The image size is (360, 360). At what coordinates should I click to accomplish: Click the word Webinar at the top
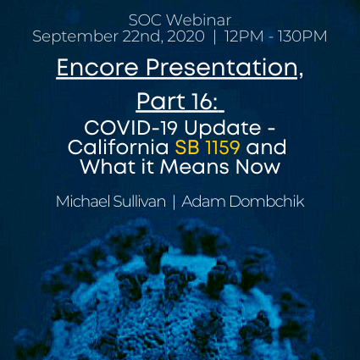click(x=199, y=20)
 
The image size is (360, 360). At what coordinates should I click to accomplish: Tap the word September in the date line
click(x=75, y=37)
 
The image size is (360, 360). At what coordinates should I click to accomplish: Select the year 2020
click(x=186, y=36)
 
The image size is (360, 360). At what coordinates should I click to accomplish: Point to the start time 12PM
click(x=244, y=36)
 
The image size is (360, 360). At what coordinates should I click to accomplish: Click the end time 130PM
click(x=302, y=36)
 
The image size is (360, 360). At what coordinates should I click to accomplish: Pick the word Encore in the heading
click(x=97, y=68)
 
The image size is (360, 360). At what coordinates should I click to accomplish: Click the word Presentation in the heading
click(x=222, y=68)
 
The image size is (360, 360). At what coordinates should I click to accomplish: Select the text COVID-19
click(x=130, y=128)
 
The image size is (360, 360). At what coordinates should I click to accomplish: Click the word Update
click(x=223, y=130)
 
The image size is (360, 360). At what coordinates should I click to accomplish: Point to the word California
click(x=118, y=147)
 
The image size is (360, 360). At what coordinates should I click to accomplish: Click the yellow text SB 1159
click(x=208, y=147)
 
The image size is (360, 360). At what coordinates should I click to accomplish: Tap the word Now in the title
click(x=258, y=167)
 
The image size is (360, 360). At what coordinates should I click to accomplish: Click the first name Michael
click(x=83, y=202)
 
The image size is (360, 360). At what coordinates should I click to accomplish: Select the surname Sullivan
click(x=140, y=202)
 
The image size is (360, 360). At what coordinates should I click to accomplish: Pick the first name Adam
click(x=203, y=202)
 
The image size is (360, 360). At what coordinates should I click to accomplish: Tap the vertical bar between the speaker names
click(x=174, y=202)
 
